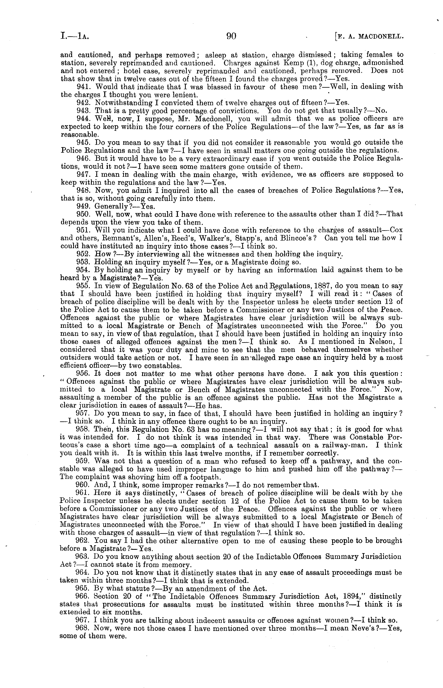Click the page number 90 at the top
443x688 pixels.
[231, 36]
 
